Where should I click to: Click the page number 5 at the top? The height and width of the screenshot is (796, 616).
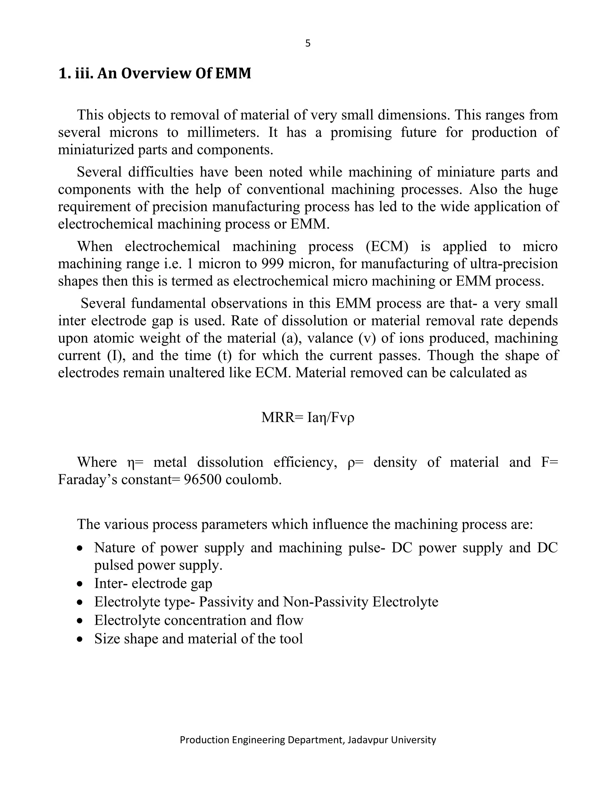[308, 43]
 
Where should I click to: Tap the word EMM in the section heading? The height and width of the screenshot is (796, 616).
[233, 73]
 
